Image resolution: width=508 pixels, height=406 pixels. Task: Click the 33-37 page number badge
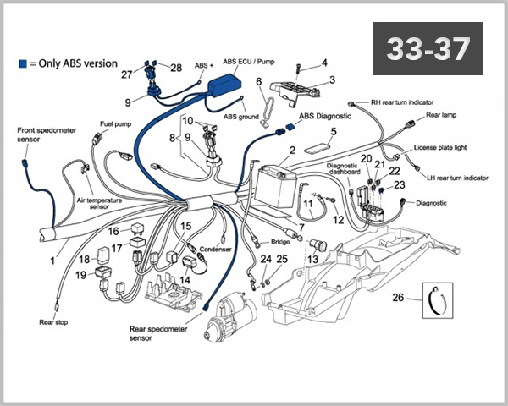(x=428, y=48)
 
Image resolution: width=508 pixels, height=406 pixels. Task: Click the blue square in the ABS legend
(x=22, y=63)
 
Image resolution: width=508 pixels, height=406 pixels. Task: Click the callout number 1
(x=52, y=261)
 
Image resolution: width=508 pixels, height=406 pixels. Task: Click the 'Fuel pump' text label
(x=116, y=123)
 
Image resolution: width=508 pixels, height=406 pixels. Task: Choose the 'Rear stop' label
(x=53, y=321)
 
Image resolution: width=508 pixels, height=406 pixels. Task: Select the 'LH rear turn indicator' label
(x=457, y=178)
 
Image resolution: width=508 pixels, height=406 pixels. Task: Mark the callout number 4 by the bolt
(x=323, y=63)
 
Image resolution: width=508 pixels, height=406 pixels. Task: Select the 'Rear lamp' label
(x=442, y=116)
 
